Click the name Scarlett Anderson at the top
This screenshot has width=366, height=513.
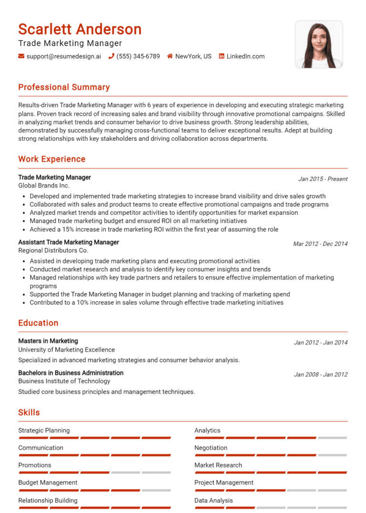click(80, 29)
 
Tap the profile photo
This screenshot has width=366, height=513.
click(319, 44)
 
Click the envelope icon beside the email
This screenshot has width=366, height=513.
click(21, 56)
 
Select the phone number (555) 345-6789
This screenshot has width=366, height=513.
click(138, 56)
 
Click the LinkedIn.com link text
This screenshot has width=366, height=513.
click(245, 56)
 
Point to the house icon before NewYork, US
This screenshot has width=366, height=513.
click(170, 56)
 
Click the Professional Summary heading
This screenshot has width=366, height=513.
click(64, 87)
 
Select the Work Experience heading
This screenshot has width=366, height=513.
click(52, 159)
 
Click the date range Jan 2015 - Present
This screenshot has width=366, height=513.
click(323, 179)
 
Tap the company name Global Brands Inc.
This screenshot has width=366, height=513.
click(44, 186)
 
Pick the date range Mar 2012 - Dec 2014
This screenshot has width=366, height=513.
click(320, 244)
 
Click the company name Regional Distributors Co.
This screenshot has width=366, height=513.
click(53, 250)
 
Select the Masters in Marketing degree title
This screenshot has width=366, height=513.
click(48, 341)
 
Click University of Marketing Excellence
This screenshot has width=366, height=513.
click(66, 349)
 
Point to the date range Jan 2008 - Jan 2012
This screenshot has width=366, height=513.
click(321, 375)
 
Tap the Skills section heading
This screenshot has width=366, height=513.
click(29, 413)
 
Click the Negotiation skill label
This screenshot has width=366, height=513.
click(211, 448)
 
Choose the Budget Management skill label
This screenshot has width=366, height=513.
click(48, 483)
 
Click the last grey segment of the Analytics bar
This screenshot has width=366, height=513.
click(332, 438)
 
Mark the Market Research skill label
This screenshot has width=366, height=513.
click(218, 465)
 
